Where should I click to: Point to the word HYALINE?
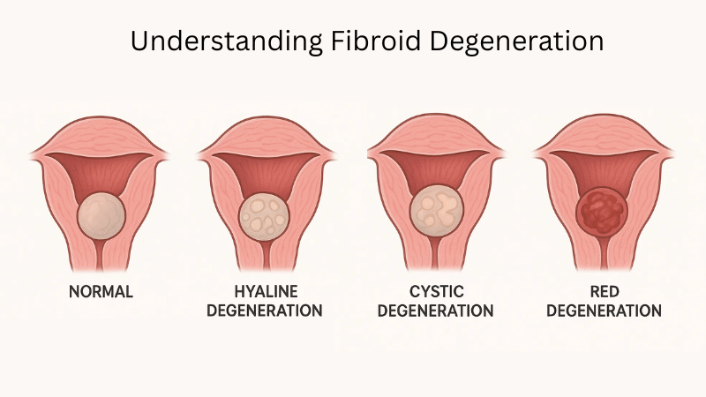(267, 292)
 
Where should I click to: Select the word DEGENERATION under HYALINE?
(267, 311)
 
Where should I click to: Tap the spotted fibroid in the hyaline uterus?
(266, 214)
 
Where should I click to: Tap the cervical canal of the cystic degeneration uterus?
(436, 257)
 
